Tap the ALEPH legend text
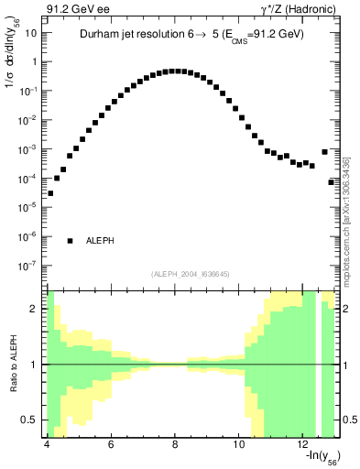pyautogui.click(x=100, y=241)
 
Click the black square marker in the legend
pyautogui.click(x=70, y=241)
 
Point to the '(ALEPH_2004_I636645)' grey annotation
pyautogui.click(x=191, y=272)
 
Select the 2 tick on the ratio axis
pyautogui.click(x=36, y=309)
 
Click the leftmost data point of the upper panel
pyautogui.click(x=50, y=193)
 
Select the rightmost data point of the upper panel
pyautogui.click(x=332, y=182)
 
